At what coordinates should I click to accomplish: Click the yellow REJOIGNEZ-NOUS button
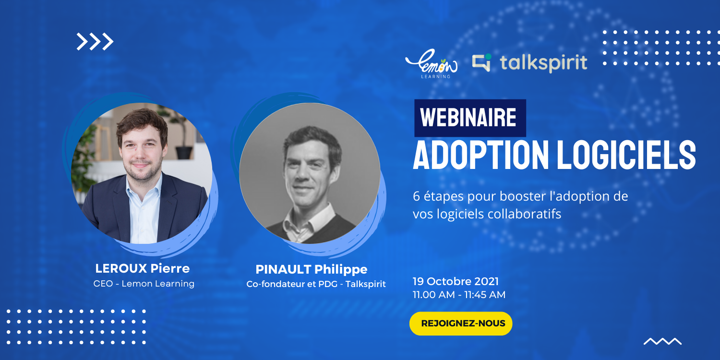[x=461, y=324]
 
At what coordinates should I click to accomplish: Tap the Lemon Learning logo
[x=432, y=64]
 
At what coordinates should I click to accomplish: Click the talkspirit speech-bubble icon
[x=482, y=62]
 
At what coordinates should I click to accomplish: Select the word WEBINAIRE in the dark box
[x=468, y=118]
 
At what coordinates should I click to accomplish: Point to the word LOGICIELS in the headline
[x=626, y=155]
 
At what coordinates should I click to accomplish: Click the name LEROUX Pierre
[x=143, y=268]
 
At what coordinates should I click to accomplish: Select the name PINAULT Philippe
[x=311, y=269]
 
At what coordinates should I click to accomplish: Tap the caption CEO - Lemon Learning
[x=144, y=284]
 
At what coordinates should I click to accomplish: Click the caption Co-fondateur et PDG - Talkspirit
[x=316, y=284]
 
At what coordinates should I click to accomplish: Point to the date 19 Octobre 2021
[x=456, y=281]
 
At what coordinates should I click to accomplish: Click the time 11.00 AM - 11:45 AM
[x=459, y=294]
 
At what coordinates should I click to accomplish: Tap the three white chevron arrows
[x=95, y=41]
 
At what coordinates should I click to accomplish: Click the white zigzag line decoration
[x=662, y=341]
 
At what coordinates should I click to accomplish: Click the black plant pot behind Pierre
[x=184, y=153]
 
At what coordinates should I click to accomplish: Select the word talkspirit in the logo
[x=543, y=63]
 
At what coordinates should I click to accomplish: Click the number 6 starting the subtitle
[x=416, y=196]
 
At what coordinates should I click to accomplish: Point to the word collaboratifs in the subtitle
[x=524, y=214]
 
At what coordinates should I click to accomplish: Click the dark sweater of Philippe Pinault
[x=334, y=230]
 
